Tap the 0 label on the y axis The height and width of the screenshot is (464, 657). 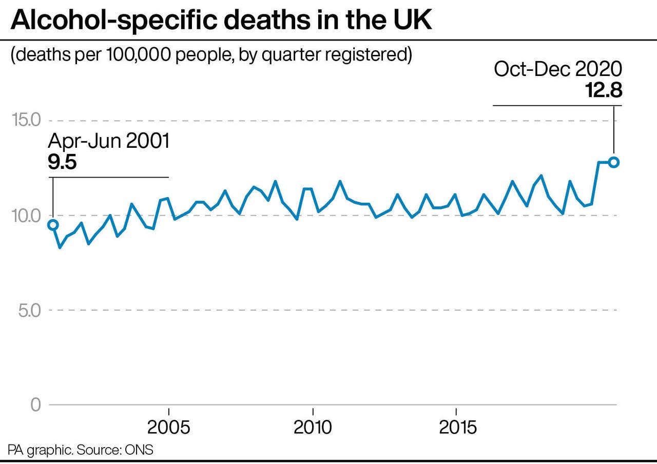click(x=35, y=405)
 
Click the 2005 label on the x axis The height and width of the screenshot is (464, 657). click(x=168, y=428)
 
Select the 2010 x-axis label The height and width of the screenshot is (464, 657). click(x=313, y=428)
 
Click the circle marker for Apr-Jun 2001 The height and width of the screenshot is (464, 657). click(x=53, y=225)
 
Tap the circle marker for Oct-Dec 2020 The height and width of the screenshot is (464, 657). click(x=614, y=162)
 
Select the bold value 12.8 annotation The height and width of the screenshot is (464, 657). click(x=604, y=90)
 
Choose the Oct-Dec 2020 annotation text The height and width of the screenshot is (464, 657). click(x=558, y=69)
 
